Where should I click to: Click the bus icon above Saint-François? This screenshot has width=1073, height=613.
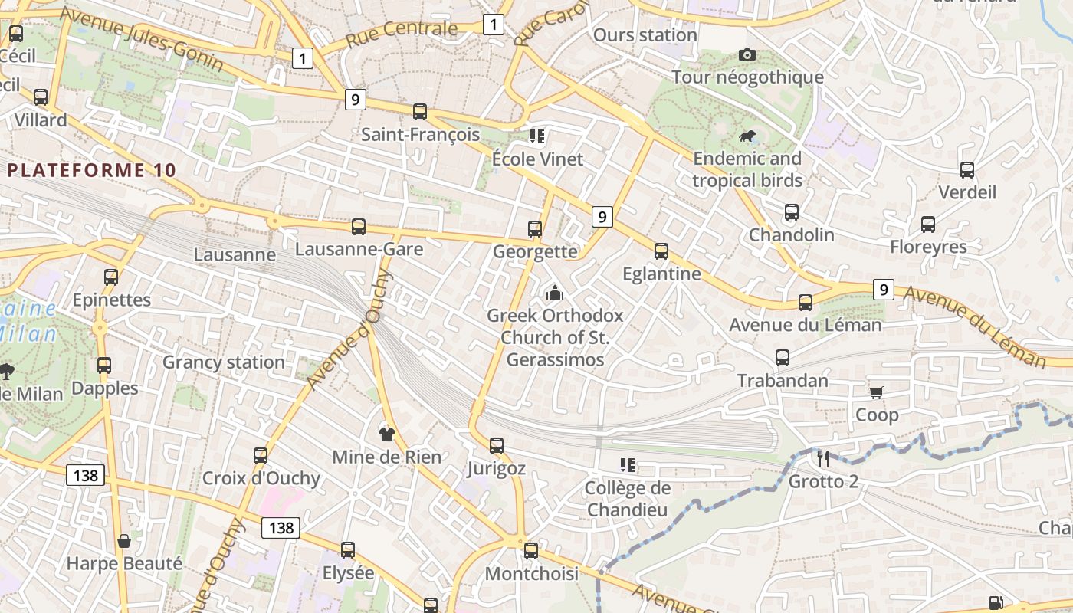[x=419, y=112]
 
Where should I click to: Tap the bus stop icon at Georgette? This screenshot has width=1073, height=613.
[x=535, y=228]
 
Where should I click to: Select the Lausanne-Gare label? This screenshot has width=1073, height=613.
[x=359, y=249]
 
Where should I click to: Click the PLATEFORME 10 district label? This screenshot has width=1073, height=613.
[x=92, y=170]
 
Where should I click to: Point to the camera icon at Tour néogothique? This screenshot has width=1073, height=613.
[x=747, y=54]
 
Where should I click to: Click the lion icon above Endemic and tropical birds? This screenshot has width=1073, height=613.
[x=747, y=136]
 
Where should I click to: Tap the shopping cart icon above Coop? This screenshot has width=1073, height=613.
[x=876, y=392]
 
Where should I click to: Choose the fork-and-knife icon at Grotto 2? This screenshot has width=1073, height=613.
[x=823, y=459]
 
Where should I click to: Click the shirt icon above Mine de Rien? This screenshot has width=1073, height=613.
[x=386, y=434]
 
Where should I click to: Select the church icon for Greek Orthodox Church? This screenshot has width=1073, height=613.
[x=554, y=293]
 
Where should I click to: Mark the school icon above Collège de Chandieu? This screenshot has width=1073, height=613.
[x=627, y=465]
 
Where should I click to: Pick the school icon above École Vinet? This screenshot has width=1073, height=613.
[x=537, y=136]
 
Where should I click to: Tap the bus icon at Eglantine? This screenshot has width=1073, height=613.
[x=661, y=251]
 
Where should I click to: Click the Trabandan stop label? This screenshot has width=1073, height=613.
[x=783, y=380]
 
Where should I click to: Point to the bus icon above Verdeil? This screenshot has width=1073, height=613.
[x=967, y=169]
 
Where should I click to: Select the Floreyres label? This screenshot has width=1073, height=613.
[x=928, y=247]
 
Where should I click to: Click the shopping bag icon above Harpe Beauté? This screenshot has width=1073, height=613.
[x=123, y=541]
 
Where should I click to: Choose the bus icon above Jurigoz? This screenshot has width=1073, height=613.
[x=496, y=445]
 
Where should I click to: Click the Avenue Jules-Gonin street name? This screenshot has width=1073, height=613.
[x=141, y=38]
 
